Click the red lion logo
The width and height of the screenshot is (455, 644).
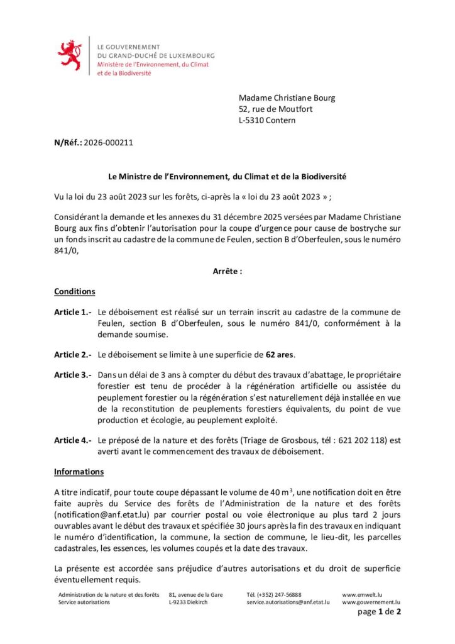(70, 55)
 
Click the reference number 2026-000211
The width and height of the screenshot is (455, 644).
(108, 142)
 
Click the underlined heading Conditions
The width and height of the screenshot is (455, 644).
(74, 292)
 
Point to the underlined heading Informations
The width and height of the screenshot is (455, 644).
(79, 471)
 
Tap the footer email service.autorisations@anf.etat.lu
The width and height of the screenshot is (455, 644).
(288, 602)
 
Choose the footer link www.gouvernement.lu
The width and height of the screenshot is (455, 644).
(371, 602)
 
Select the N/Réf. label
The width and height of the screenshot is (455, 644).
(68, 142)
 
